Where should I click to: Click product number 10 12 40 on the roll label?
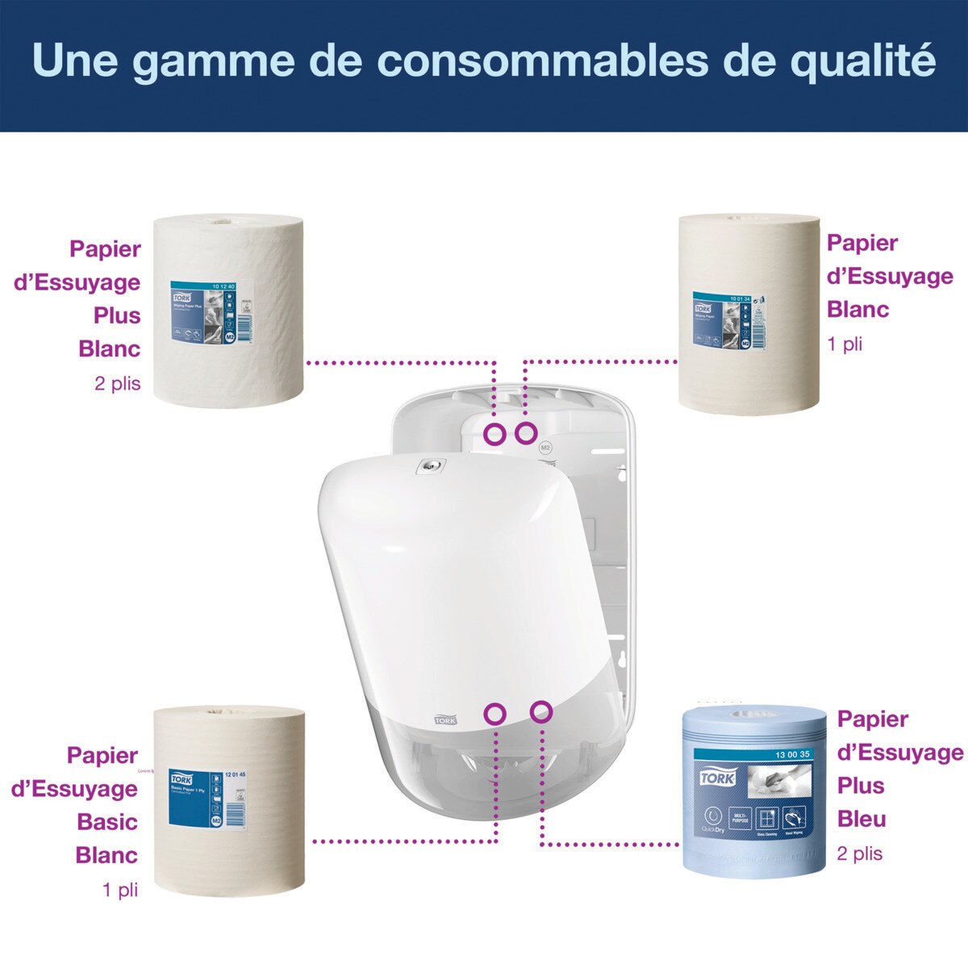pyautogui.click(x=226, y=286)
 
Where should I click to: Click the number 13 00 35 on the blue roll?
pyautogui.click(x=792, y=754)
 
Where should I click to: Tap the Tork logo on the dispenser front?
pyautogui.click(x=445, y=719)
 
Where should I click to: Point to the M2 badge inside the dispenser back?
pyautogui.click(x=544, y=446)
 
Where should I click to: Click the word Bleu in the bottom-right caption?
pyautogui.click(x=862, y=820)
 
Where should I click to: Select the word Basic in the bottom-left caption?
pyautogui.click(x=107, y=822)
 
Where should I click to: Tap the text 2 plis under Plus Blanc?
pyautogui.click(x=117, y=384)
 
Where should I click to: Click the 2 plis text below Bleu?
pyautogui.click(x=859, y=854)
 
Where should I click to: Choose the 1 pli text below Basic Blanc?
pyautogui.click(x=120, y=890)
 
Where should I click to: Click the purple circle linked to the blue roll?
pyautogui.click(x=541, y=711)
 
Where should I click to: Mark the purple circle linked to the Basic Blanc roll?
pyautogui.click(x=495, y=713)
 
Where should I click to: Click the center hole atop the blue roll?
pyautogui.click(x=755, y=715)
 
